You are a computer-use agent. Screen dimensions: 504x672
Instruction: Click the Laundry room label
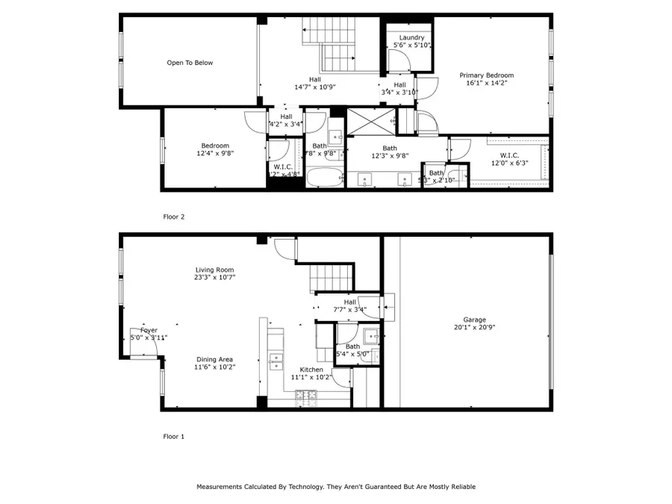pyautogui.click(x=411, y=37)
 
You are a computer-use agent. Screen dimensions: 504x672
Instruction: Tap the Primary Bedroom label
pyautogui.click(x=486, y=75)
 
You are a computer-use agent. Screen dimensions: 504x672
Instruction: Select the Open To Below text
pyautogui.click(x=190, y=63)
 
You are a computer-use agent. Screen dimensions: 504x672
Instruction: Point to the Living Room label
pyautogui.click(x=215, y=270)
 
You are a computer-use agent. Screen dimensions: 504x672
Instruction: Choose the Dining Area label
pyautogui.click(x=215, y=359)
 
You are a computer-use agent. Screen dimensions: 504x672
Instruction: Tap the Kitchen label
pyautogui.click(x=311, y=370)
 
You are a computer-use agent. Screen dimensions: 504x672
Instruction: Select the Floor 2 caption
pyautogui.click(x=173, y=217)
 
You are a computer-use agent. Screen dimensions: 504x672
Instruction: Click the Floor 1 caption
pyautogui.click(x=173, y=436)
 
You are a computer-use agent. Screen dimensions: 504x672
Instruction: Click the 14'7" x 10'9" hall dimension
pyautogui.click(x=315, y=87)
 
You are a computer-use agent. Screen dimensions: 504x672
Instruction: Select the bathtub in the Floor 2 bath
pyautogui.click(x=325, y=178)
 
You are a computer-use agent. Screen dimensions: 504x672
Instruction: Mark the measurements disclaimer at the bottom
pyautogui.click(x=336, y=486)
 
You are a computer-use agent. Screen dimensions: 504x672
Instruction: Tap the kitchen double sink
pyautogui.click(x=276, y=361)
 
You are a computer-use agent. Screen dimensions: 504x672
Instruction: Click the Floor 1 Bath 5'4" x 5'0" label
pyautogui.click(x=352, y=350)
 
